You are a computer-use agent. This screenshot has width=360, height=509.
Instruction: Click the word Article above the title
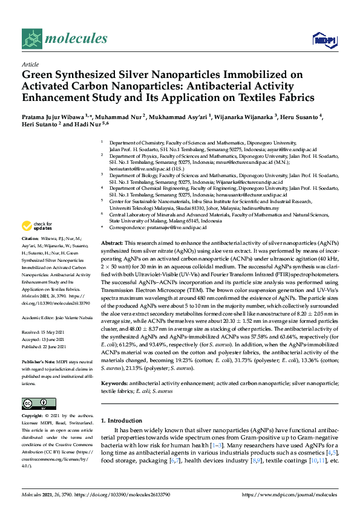click(30, 64)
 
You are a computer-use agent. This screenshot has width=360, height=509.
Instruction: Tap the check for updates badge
click(36, 226)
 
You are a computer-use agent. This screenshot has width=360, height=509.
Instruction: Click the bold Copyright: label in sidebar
click(33, 417)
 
